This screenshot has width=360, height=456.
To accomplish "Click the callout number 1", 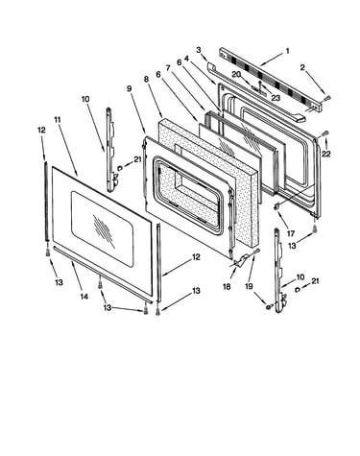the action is [x=287, y=51].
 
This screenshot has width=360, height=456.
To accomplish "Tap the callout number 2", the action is [x=302, y=67].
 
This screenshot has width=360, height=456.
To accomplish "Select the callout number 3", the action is [x=199, y=50].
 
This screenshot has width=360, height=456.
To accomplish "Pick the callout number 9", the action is [x=129, y=88].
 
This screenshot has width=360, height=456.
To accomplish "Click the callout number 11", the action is [x=58, y=120].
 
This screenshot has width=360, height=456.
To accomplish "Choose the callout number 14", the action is [x=84, y=297].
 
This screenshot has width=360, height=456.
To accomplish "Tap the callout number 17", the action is [x=291, y=234].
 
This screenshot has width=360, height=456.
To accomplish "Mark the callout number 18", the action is [x=227, y=286].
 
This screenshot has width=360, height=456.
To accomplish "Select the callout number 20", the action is [x=236, y=74].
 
